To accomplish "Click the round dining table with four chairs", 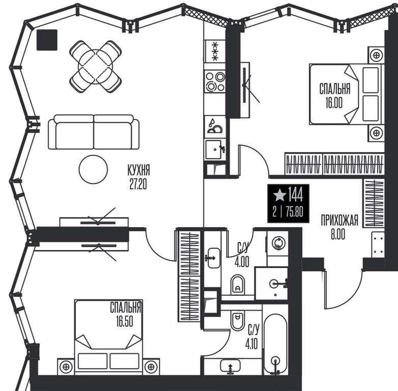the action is [96, 67].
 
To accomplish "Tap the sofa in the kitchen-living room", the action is [94, 132].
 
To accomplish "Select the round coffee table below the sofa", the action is [93, 170].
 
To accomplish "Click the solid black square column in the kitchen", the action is [47, 40].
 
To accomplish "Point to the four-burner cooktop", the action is [215, 81].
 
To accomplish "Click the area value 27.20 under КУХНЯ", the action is [138, 184].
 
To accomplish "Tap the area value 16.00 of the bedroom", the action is [334, 102].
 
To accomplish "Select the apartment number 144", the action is [296, 195].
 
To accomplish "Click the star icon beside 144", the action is [279, 195].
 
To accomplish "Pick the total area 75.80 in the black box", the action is [295, 211].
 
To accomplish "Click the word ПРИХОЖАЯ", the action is [339, 220].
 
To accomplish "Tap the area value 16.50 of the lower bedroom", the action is [125, 321].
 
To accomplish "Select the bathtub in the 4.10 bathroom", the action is [275, 344].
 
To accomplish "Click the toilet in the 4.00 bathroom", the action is [238, 285].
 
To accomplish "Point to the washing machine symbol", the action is [278, 243].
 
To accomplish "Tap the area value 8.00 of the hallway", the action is [338, 235].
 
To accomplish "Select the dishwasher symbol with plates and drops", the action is [215, 126].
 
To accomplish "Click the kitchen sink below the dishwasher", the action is [215, 150].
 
